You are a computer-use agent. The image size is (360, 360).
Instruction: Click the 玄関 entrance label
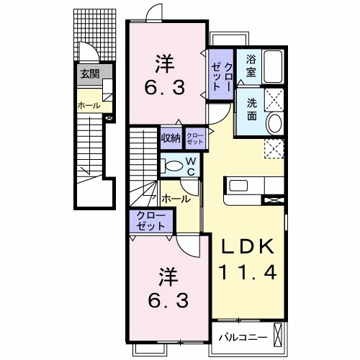pos(89,72)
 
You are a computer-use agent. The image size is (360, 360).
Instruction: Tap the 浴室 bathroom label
pos(251,66)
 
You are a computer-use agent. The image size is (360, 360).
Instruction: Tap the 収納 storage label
pos(170,138)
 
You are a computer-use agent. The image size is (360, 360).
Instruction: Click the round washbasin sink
pos(274,123)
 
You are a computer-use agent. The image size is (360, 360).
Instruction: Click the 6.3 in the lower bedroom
pos(167,299)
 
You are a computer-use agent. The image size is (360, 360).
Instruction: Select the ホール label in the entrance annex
pos(89,106)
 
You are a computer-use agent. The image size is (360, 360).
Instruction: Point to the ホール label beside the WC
pos(176,198)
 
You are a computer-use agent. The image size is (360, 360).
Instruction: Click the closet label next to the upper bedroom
pos(220,76)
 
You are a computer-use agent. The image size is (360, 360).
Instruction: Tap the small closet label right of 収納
pos(194,137)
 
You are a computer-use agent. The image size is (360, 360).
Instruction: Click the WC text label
pos(191,166)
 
